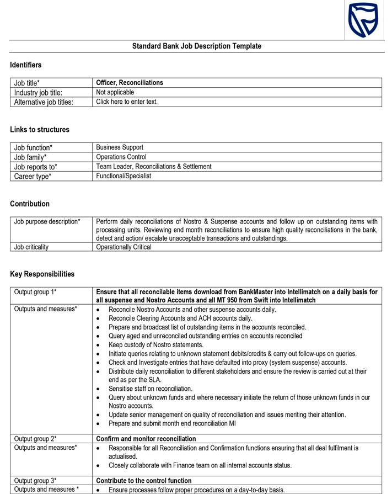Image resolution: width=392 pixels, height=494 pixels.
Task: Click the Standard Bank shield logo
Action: (x=363, y=20)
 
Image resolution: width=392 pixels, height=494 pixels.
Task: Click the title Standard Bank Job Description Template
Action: (x=196, y=46)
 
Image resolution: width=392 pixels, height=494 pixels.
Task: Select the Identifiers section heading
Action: (x=26, y=65)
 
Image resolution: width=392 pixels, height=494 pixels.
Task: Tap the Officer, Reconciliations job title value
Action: (x=130, y=83)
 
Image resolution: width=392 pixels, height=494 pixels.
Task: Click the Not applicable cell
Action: (x=115, y=92)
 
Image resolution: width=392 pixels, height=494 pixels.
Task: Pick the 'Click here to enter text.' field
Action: (x=127, y=102)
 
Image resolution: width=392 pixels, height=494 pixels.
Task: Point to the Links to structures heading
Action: (x=40, y=130)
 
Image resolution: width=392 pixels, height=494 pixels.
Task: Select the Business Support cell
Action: (x=120, y=147)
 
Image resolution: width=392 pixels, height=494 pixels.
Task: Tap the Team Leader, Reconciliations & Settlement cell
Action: (x=154, y=166)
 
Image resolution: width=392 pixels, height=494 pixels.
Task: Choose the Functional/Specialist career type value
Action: (x=123, y=176)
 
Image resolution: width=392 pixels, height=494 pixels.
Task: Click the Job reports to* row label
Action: (x=36, y=167)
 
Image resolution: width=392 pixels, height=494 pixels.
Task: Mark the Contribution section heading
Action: (x=30, y=204)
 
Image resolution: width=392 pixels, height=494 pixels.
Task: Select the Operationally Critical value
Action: (x=123, y=247)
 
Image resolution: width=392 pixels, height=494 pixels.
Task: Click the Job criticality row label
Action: (x=31, y=247)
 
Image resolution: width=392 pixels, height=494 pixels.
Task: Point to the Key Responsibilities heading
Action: (x=42, y=274)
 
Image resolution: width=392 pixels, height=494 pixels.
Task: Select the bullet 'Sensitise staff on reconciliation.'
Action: (x=151, y=389)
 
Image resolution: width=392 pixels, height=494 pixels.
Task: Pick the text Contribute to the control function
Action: (x=144, y=481)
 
